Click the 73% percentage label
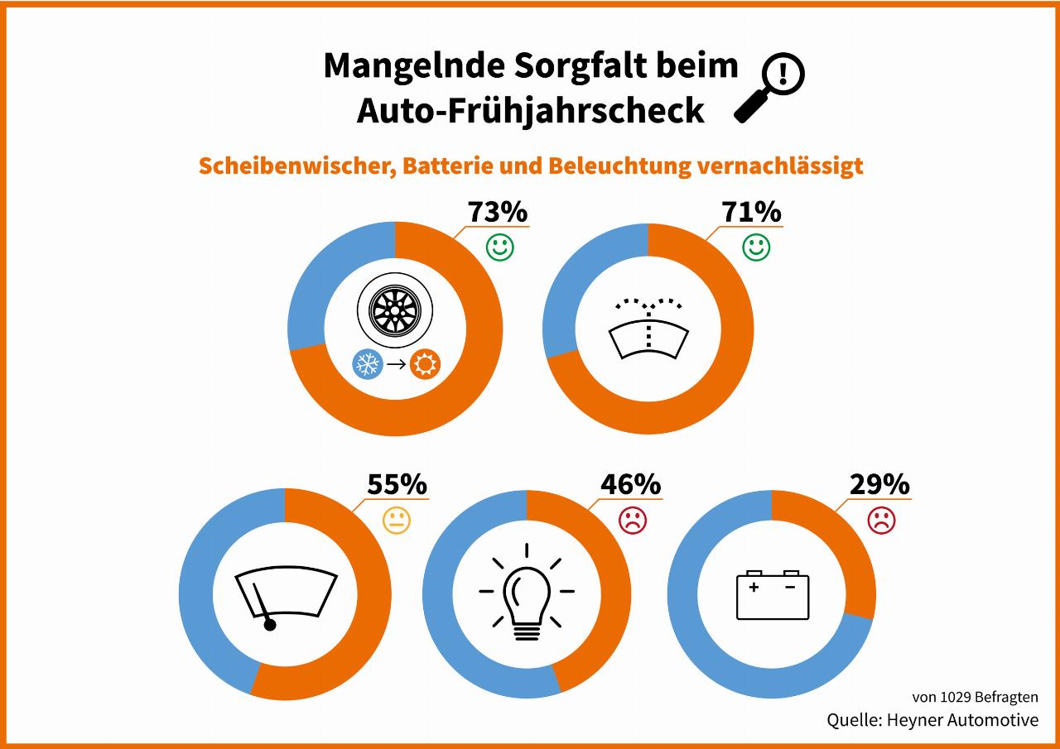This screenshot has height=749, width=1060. pyautogui.click(x=498, y=212)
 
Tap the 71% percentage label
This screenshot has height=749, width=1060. pyautogui.click(x=751, y=212)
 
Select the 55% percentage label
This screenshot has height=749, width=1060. pyautogui.click(x=397, y=484)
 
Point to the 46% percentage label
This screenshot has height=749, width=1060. pyautogui.click(x=631, y=484)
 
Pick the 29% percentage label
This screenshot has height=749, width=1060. pyautogui.click(x=879, y=484)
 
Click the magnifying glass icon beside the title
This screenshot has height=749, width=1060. pyautogui.click(x=770, y=88)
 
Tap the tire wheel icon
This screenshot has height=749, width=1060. pyautogui.click(x=395, y=312)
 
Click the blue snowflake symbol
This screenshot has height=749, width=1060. pyautogui.click(x=368, y=364)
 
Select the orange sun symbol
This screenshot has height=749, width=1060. pyautogui.click(x=426, y=364)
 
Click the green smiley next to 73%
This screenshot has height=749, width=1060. pyautogui.click(x=499, y=247)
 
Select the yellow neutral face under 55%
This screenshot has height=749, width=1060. pyautogui.click(x=397, y=520)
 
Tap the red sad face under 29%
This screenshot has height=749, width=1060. pyautogui.click(x=881, y=520)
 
